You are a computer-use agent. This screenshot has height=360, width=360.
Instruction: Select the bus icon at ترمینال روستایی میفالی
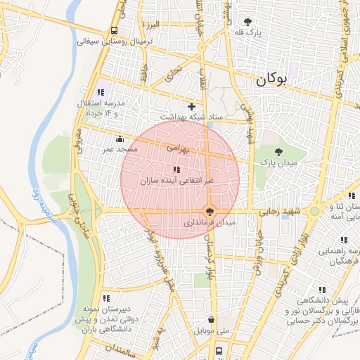114,31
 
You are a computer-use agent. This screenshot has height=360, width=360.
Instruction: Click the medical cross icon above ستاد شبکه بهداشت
191,106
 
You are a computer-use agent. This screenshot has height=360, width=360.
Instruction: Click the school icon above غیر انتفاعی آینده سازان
176,169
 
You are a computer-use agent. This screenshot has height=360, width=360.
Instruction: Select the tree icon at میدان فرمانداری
209,210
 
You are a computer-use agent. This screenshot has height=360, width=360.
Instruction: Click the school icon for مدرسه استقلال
99,91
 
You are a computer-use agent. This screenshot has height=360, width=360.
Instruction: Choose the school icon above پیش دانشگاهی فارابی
322,290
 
